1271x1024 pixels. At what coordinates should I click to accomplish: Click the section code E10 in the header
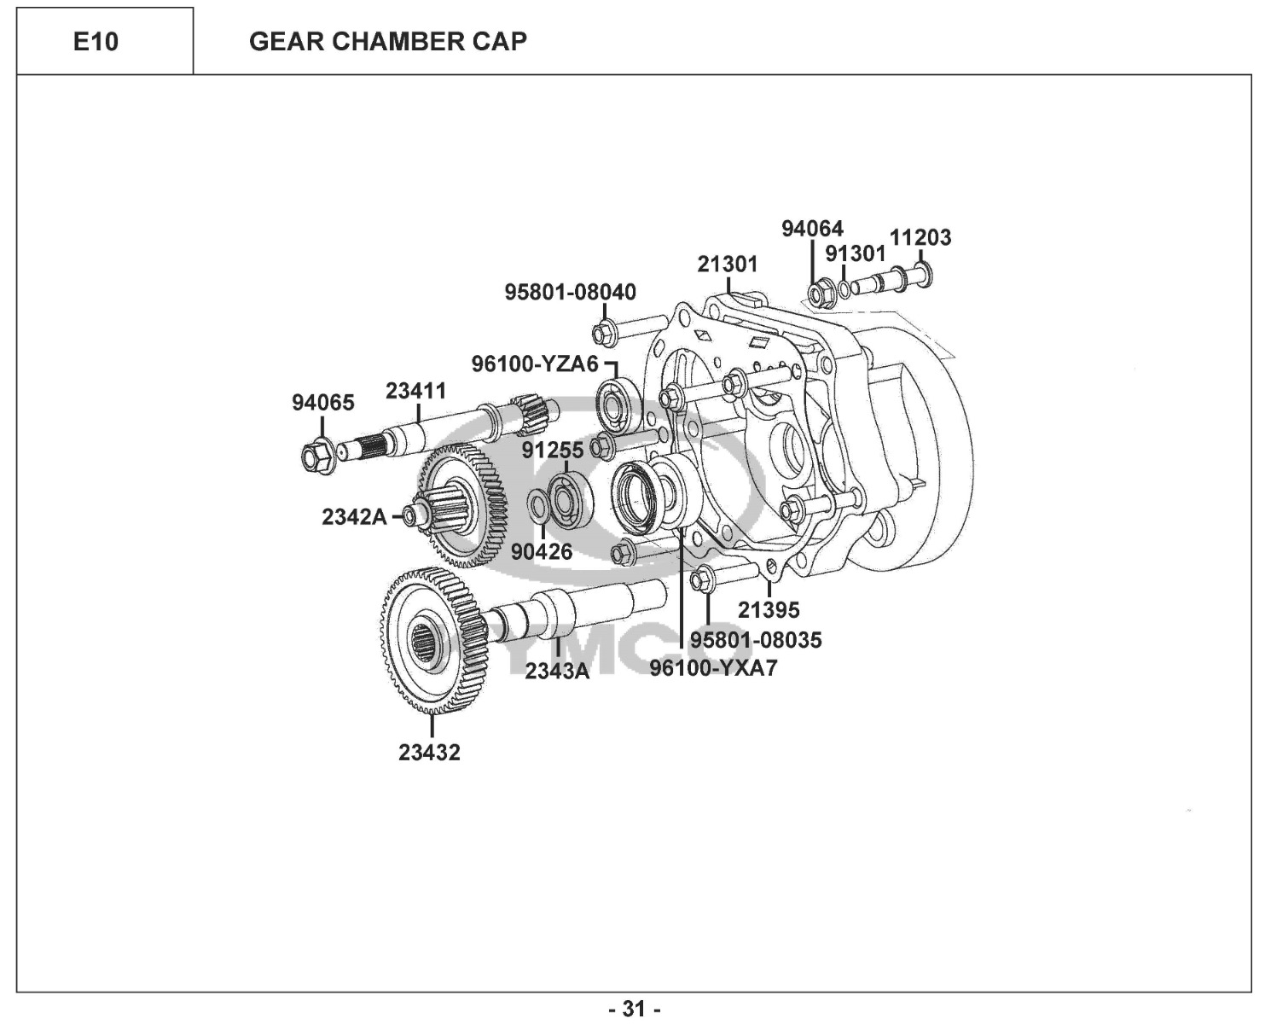click(96, 41)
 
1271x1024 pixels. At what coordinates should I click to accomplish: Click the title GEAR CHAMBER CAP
click(388, 41)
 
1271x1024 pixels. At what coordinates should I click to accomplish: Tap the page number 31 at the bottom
click(635, 1009)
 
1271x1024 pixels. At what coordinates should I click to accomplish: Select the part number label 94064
click(812, 229)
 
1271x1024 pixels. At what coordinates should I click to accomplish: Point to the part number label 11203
click(920, 237)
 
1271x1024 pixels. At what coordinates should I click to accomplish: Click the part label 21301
click(727, 265)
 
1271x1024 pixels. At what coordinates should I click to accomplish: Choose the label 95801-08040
click(570, 292)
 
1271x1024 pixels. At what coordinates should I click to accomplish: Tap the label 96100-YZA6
click(535, 364)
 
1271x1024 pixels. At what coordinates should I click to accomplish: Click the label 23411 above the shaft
click(415, 391)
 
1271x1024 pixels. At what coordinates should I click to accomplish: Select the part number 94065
click(323, 403)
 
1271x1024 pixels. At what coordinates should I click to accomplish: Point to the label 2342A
click(354, 517)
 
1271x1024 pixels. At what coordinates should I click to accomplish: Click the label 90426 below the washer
click(542, 552)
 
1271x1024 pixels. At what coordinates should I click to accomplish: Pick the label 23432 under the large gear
click(429, 753)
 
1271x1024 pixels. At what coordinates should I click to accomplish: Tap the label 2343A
click(557, 672)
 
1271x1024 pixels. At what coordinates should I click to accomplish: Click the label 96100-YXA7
click(713, 668)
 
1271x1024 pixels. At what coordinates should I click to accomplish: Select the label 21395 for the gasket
click(769, 610)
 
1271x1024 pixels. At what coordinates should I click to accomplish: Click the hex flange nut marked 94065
click(316, 456)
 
